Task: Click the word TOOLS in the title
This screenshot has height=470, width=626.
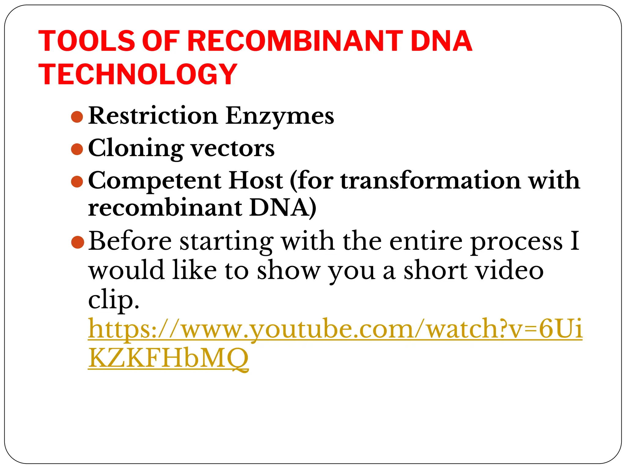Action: [x=87, y=41]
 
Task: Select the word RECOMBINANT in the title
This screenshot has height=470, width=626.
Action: [x=295, y=41]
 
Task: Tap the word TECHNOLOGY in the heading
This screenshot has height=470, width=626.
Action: [x=138, y=74]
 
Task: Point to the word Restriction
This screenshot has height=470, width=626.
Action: [x=153, y=116]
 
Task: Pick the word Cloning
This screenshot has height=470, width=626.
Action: [x=136, y=149]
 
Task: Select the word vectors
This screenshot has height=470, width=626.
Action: [x=233, y=149]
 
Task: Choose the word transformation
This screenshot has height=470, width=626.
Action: [x=431, y=181]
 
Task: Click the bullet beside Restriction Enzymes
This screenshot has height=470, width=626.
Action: [x=77, y=117]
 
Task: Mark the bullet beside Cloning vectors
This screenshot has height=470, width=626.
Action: [x=77, y=149]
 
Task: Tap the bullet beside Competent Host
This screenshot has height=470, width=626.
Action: [x=77, y=181]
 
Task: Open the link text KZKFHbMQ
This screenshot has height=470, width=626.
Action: [x=168, y=358]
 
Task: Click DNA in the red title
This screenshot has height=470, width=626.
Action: [x=441, y=41]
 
